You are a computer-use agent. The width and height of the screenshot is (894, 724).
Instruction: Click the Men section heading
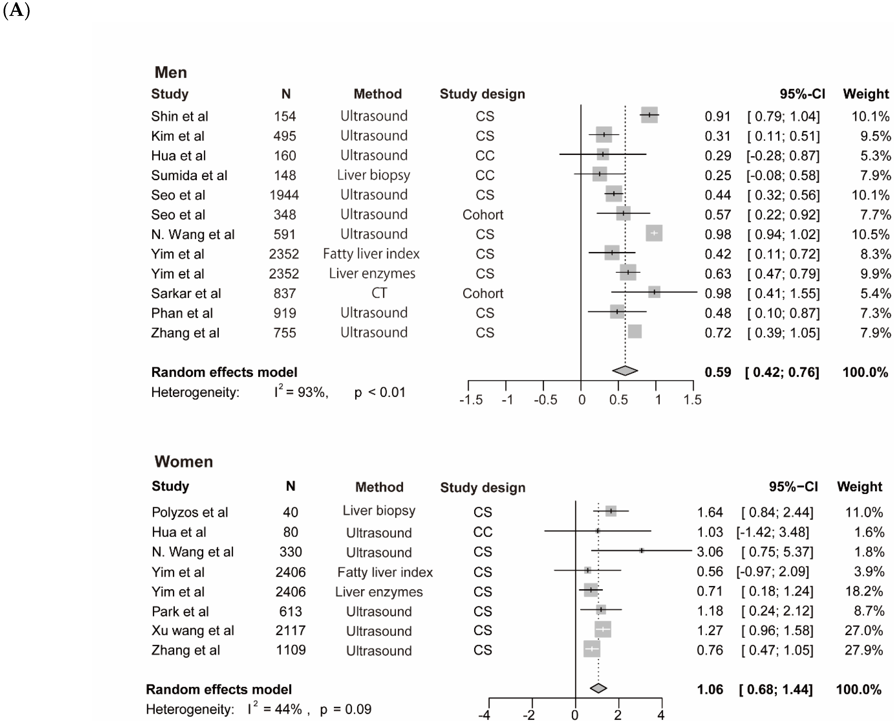pos(171,73)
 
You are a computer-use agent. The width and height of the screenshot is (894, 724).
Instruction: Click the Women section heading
pos(183,462)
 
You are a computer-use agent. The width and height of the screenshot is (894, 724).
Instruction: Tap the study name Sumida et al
pos(189,175)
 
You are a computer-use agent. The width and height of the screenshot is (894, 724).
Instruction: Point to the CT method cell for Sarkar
pos(379,293)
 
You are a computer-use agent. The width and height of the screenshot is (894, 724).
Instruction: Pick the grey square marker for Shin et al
pos(649,115)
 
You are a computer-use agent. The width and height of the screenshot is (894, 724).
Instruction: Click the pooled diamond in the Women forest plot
pos(598,688)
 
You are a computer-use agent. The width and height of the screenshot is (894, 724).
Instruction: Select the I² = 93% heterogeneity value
pos(301,392)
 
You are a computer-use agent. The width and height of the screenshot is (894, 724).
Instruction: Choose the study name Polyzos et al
pos(190,512)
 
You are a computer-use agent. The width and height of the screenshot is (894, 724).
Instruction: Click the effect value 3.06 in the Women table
pos(710,552)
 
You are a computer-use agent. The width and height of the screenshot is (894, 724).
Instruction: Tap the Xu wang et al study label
pos(193,631)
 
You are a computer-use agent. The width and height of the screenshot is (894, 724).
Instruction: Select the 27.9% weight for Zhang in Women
pos(864,650)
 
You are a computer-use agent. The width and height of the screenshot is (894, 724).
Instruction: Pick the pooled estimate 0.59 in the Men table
pos(718,372)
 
